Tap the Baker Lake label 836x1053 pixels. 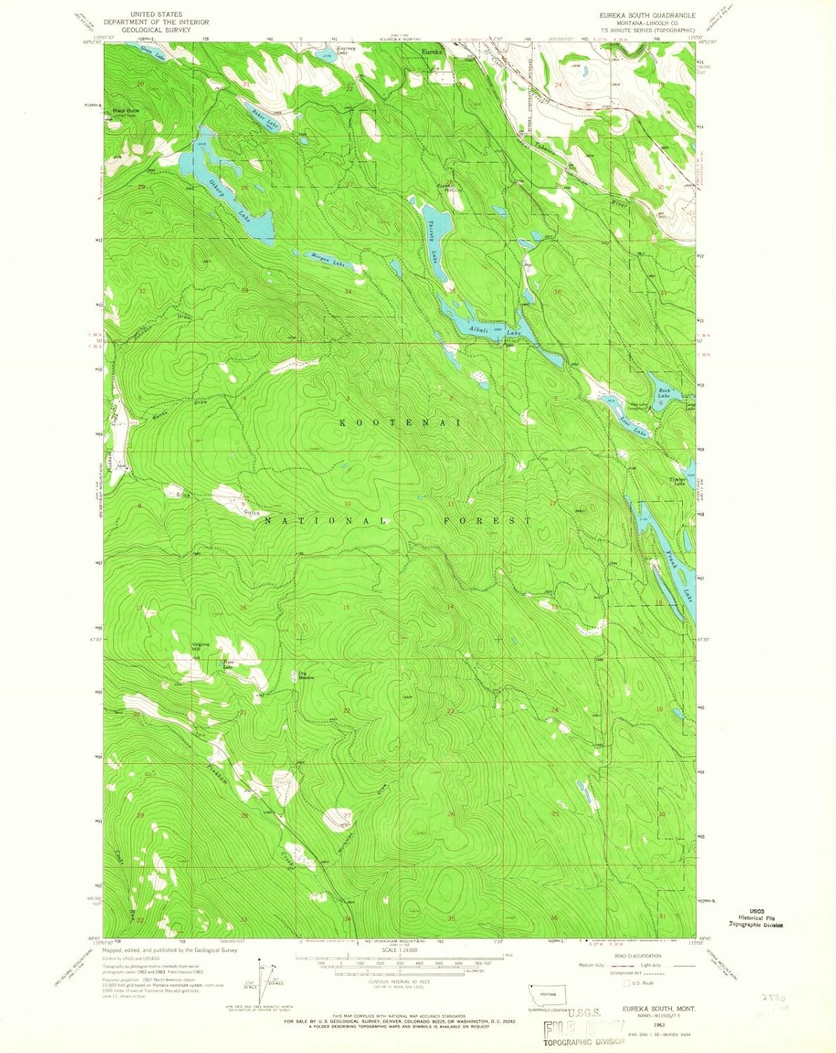point(260,119)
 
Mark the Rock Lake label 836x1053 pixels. point(664,393)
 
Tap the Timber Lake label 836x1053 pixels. point(678,481)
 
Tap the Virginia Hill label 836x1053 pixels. point(201,648)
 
